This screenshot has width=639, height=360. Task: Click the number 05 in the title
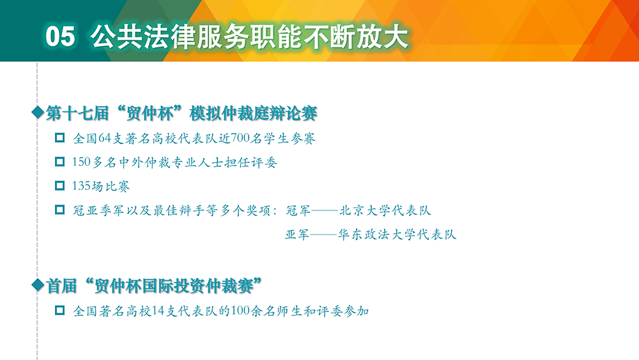(x=60, y=36)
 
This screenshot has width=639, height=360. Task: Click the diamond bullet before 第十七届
(x=38, y=112)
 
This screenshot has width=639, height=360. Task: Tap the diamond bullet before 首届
(x=38, y=285)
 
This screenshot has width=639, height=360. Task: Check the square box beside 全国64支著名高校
(x=59, y=138)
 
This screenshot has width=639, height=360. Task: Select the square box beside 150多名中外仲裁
(x=59, y=162)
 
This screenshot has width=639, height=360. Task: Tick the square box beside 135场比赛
(x=59, y=186)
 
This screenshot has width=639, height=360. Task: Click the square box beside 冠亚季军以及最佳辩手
(x=59, y=210)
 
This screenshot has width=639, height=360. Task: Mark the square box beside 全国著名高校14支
(x=59, y=311)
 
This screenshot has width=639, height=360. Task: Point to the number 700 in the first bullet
(x=240, y=138)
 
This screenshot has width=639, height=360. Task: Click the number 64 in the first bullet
(x=105, y=138)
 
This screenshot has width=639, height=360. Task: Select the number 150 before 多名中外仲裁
(x=81, y=162)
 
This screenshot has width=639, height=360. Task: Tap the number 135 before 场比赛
(x=81, y=186)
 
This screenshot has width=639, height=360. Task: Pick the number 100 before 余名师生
(x=240, y=311)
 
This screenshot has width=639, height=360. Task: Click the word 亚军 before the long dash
(x=297, y=235)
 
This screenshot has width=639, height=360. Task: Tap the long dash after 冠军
(x=325, y=211)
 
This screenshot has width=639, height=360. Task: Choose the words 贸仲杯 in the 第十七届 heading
(x=150, y=113)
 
